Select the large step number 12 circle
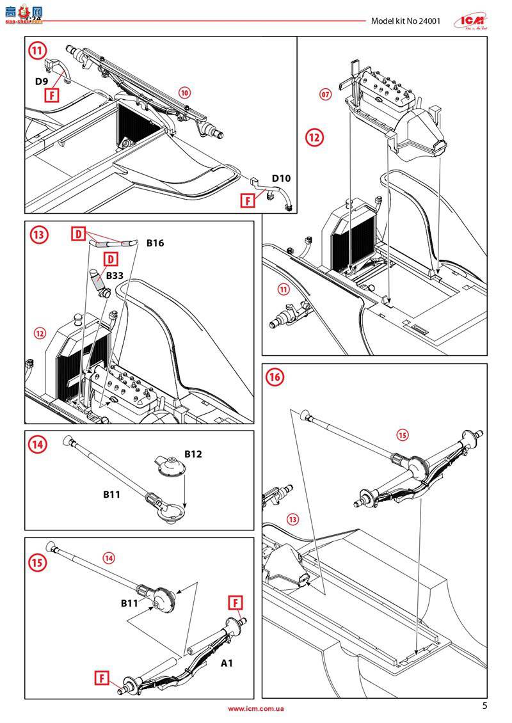coord(314,138)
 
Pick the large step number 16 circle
coord(275,377)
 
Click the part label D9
coord(42,81)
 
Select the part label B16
coord(156,243)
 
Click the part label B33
coord(115,276)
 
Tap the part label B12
coord(193,454)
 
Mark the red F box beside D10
coord(248,200)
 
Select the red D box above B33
coord(111,259)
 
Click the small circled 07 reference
coord(326,95)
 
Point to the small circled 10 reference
coord(184,93)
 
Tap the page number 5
coord(484,706)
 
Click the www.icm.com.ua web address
coord(256,708)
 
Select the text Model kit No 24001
coord(406,20)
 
